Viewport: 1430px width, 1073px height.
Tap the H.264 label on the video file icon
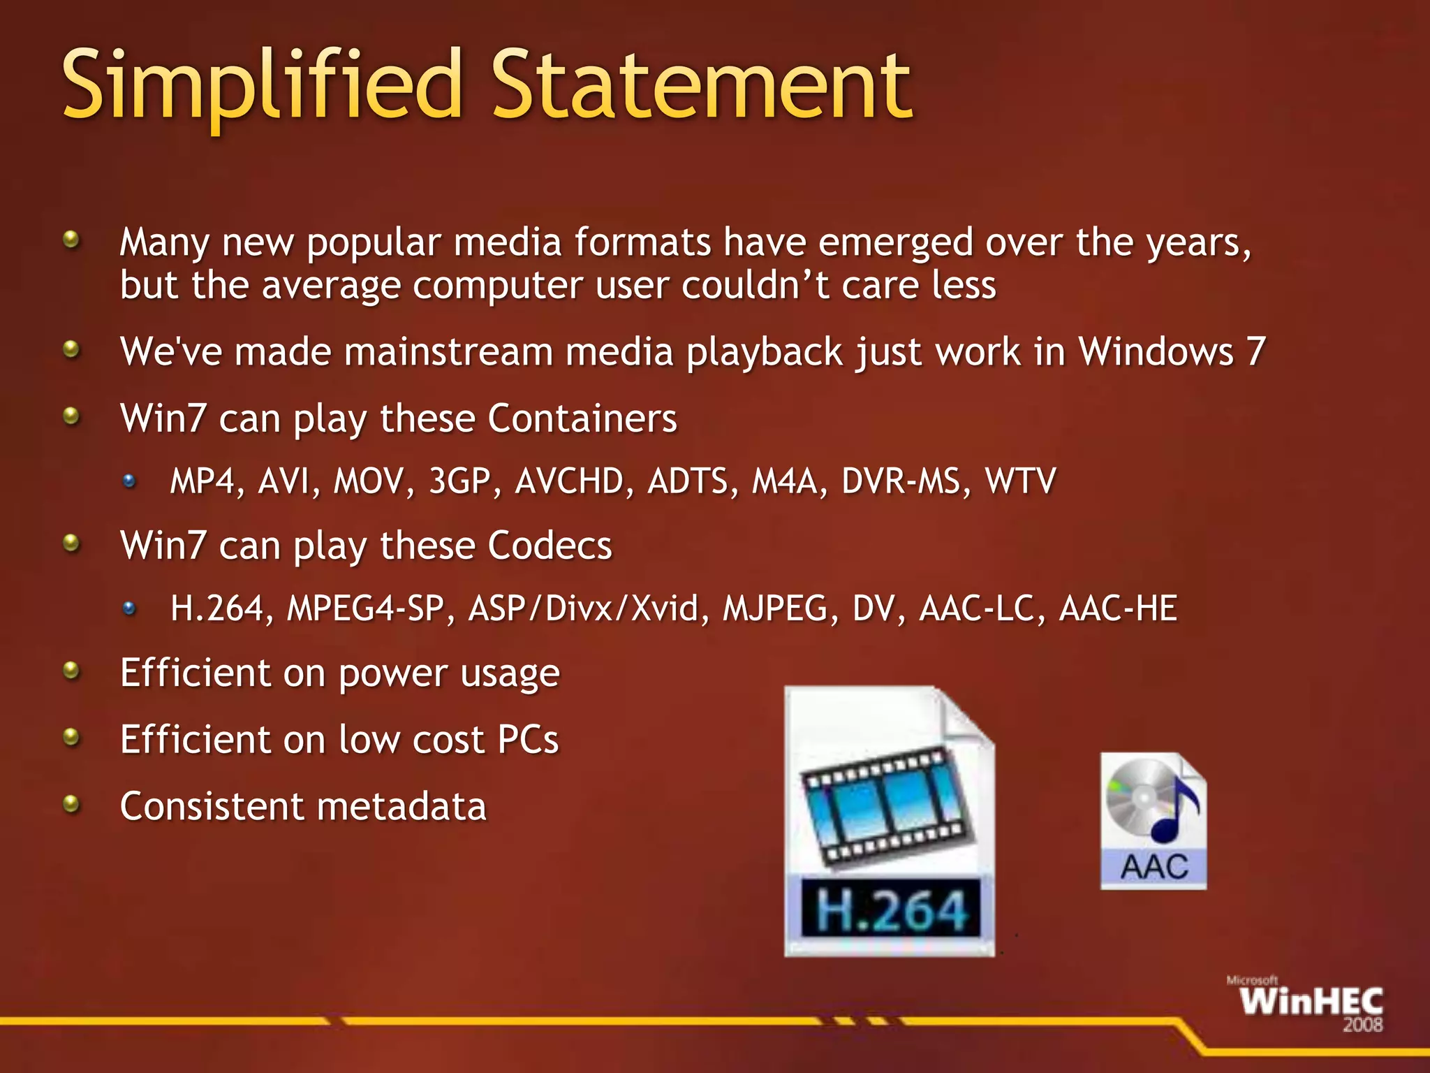click(x=892, y=910)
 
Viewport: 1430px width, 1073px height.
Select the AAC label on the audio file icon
click(x=1153, y=868)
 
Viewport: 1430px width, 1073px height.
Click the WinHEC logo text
click(x=1311, y=1002)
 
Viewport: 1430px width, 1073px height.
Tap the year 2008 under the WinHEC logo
click(x=1362, y=1025)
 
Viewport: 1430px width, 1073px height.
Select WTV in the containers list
click(x=1019, y=481)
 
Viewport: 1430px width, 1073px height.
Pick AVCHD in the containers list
click(x=569, y=481)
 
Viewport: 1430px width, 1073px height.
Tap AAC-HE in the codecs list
click(x=1118, y=608)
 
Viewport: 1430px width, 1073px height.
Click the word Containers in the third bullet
click(x=582, y=419)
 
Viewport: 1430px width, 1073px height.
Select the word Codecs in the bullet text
click(x=550, y=546)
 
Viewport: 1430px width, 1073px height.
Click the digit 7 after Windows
click(x=1255, y=351)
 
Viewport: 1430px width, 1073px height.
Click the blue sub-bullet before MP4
click(x=129, y=481)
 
